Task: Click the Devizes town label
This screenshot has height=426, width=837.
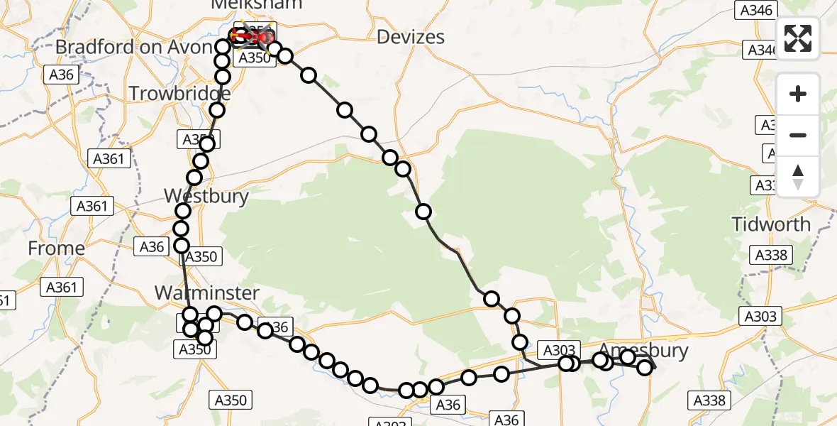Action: pos(411,37)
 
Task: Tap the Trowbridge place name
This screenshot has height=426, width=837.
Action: pos(179,93)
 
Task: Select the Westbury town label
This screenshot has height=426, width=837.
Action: pos(206,196)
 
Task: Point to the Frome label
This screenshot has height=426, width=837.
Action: pos(56,248)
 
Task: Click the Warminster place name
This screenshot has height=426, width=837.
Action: pos(206,293)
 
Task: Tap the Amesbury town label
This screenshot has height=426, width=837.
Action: pos(643,349)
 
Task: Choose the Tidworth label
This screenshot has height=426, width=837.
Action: pos(771,224)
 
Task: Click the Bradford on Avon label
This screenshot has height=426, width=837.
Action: pos(133,47)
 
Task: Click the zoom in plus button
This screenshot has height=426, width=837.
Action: pos(798,94)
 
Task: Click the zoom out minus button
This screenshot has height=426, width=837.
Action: pos(798,135)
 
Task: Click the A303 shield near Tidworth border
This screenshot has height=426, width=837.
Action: pos(761,317)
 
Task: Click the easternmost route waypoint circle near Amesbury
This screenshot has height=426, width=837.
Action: pos(644,367)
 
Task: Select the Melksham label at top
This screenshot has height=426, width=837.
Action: pos(256,4)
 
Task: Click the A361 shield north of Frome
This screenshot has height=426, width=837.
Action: pos(92,207)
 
